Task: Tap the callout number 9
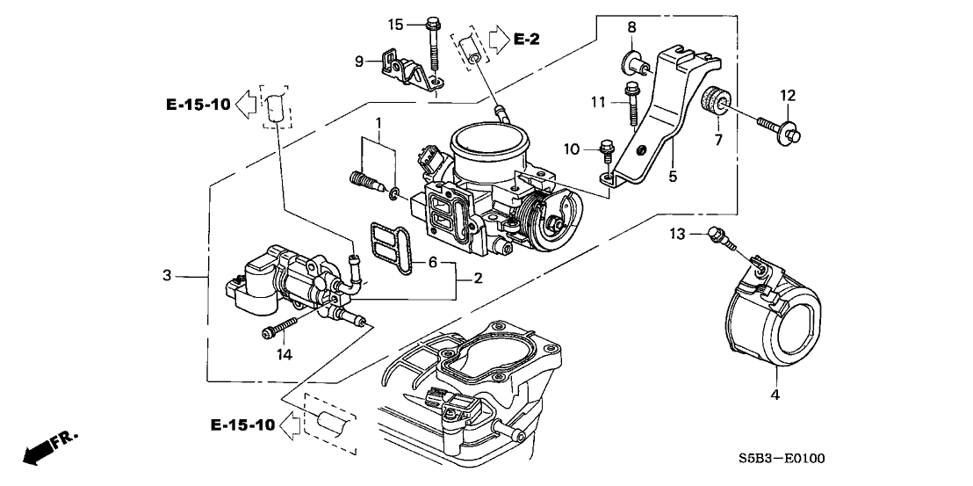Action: click(359, 62)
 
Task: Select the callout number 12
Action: click(788, 95)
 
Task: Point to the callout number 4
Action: click(775, 395)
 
